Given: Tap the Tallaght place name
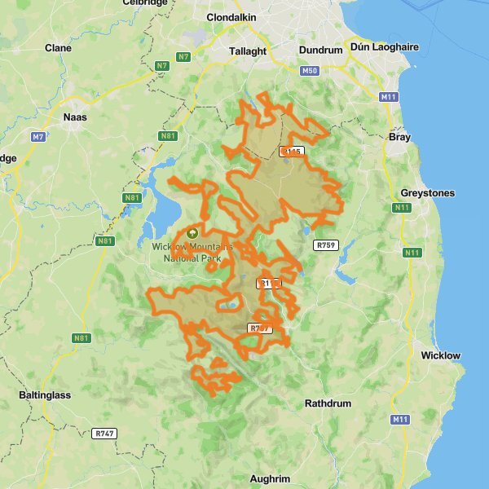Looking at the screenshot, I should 248,51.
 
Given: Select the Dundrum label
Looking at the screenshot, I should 320,50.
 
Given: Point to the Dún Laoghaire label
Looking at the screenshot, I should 384,47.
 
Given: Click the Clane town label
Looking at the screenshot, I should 58,48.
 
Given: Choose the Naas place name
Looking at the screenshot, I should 74,117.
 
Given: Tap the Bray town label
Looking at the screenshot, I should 400,138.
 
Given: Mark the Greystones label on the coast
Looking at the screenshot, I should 428,193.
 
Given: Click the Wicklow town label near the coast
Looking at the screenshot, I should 441,355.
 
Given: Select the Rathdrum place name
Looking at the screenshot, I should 328,403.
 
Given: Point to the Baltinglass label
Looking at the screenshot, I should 45,395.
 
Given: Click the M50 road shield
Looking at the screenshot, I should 310,71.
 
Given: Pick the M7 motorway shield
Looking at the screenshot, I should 38,136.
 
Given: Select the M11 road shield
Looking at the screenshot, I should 389,97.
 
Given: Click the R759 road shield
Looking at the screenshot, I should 325,244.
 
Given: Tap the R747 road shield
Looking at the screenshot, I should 104,434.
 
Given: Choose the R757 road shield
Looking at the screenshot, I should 259,328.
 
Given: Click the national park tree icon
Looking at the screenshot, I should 192,232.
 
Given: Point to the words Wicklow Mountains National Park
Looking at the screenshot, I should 192,252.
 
